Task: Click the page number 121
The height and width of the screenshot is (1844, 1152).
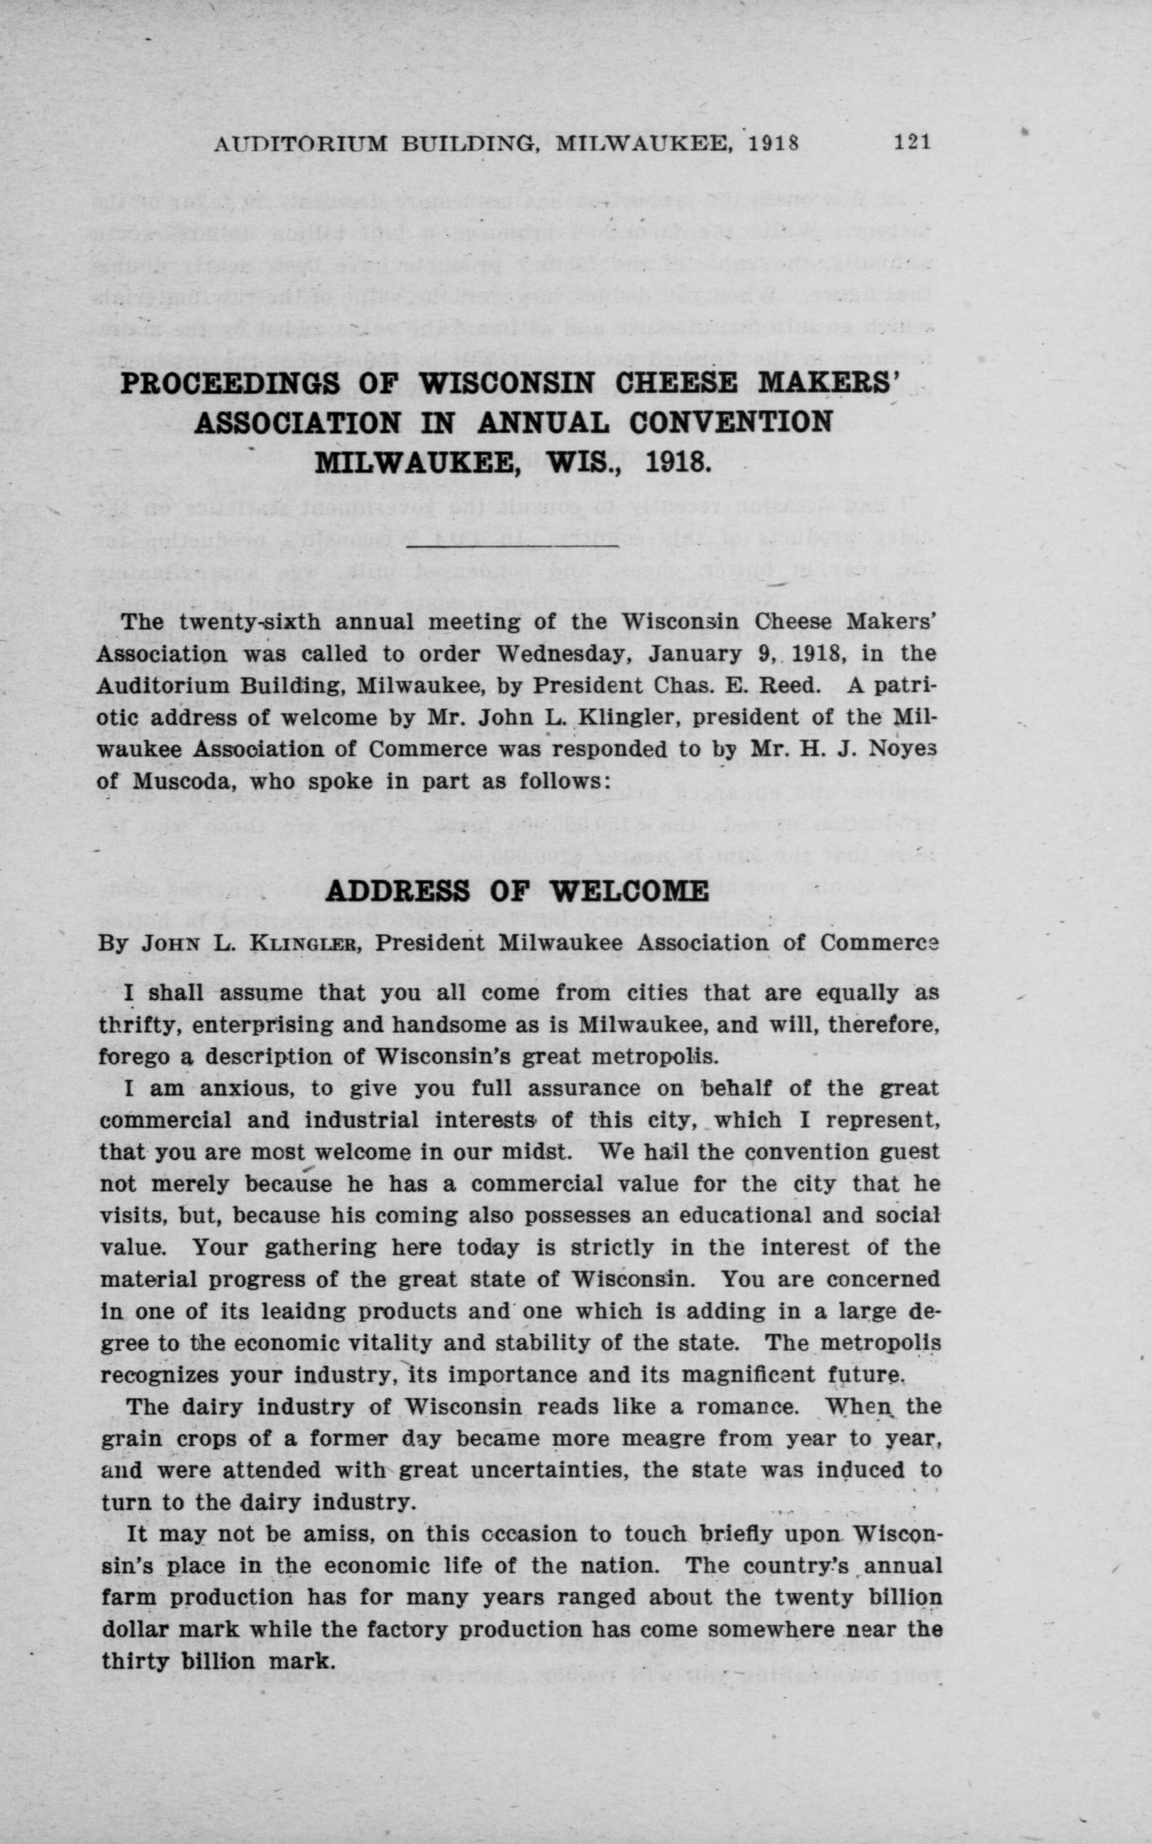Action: click(913, 143)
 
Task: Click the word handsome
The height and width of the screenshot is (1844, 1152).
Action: click(452, 1025)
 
